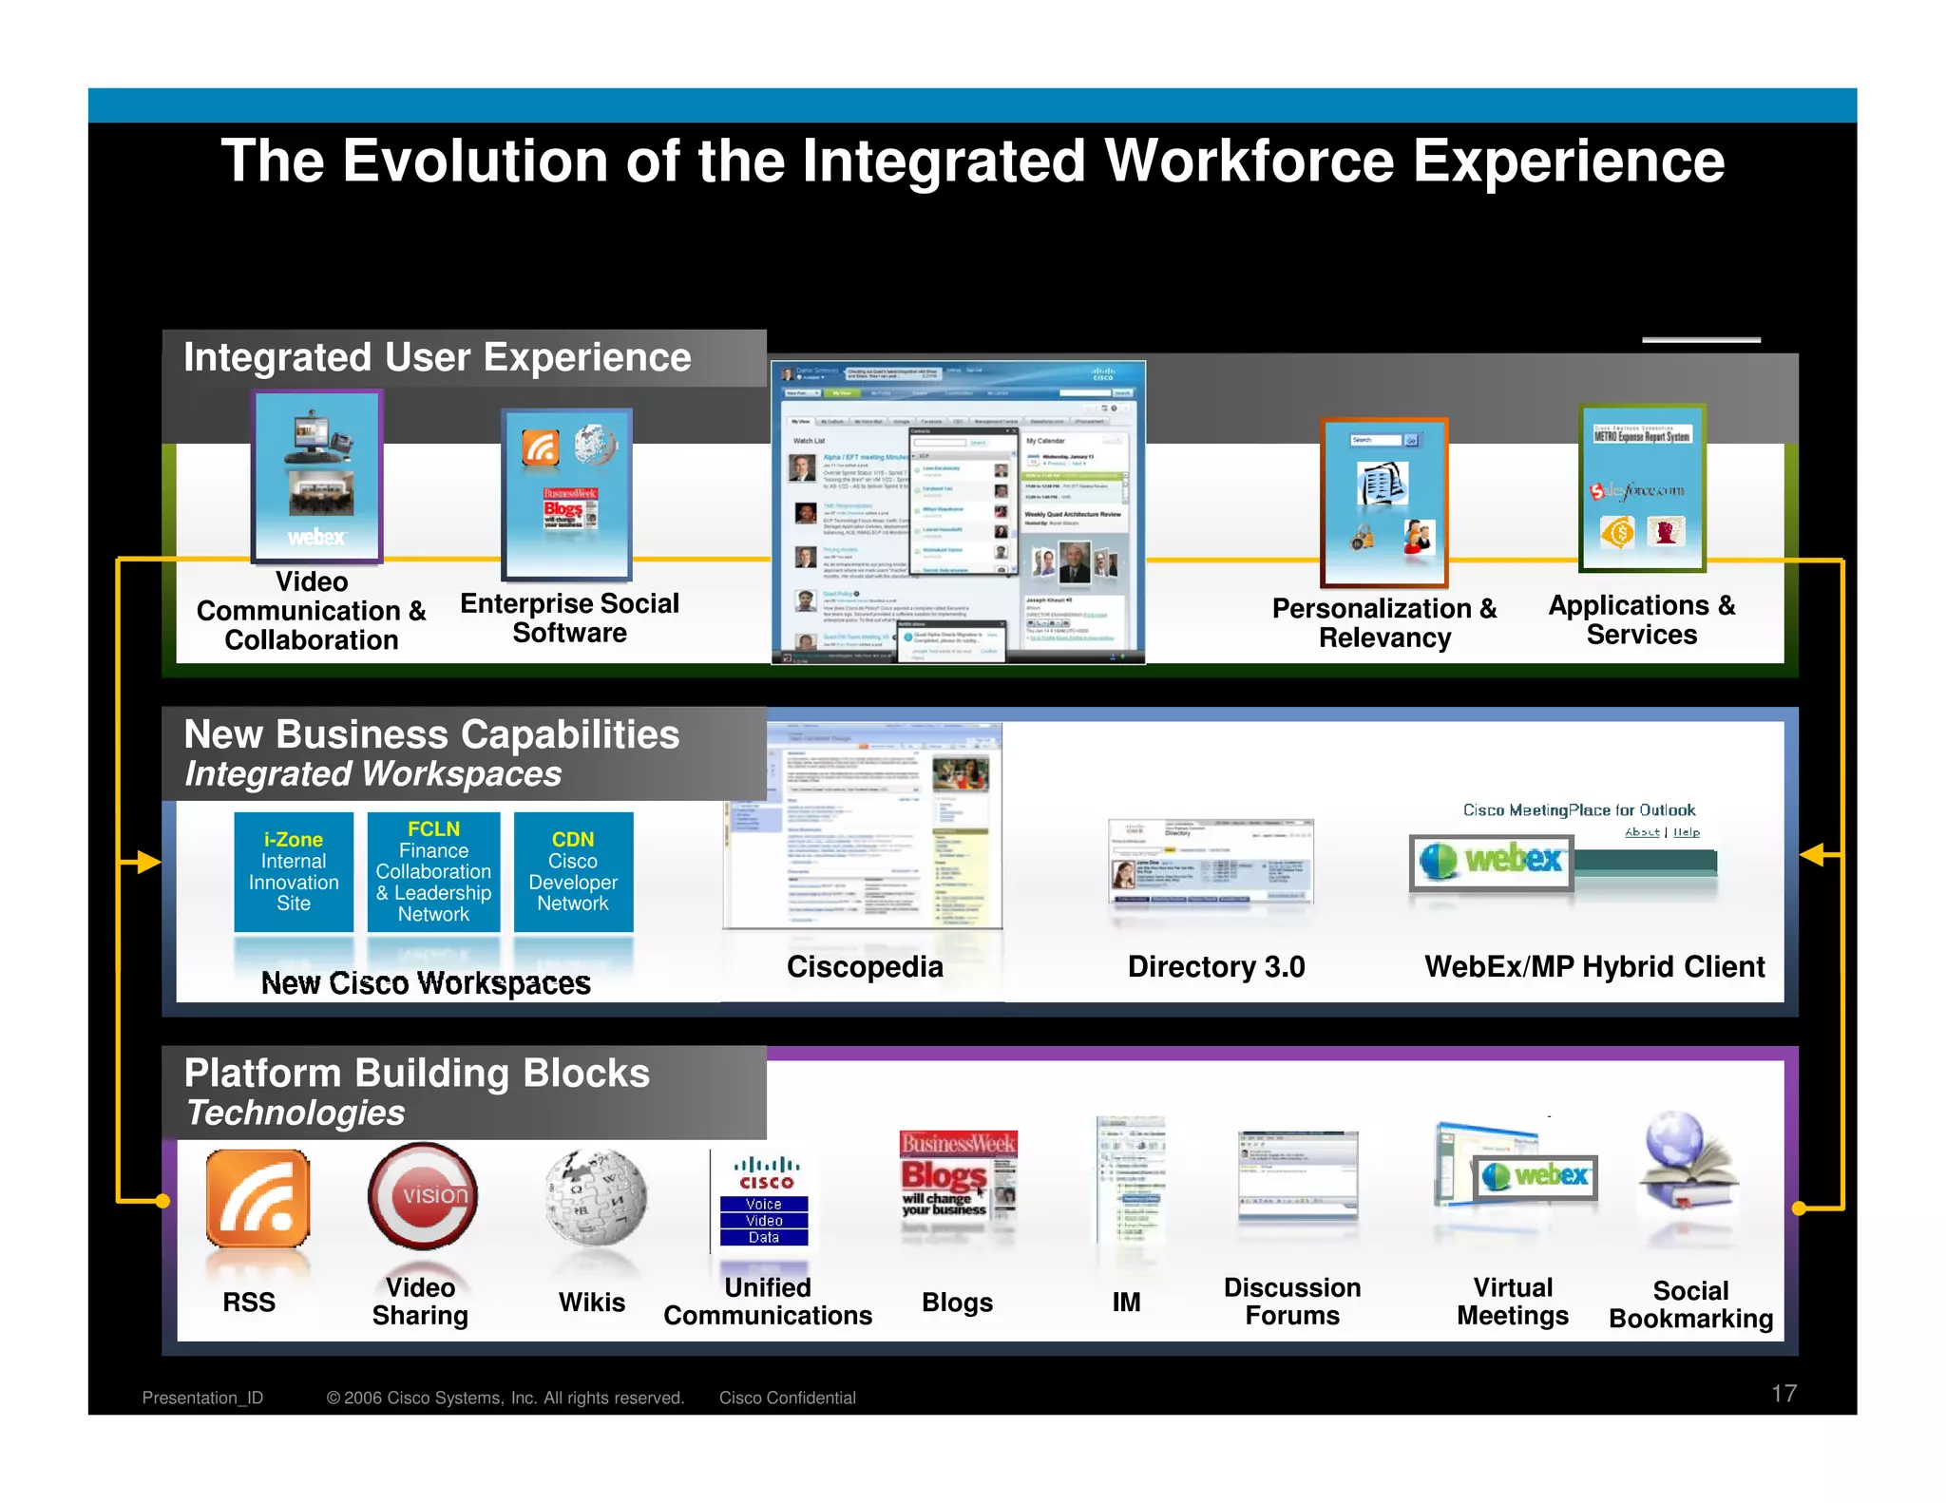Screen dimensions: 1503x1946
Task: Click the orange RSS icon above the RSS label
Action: tap(258, 1198)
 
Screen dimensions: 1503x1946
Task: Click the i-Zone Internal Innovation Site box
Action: tap(294, 871)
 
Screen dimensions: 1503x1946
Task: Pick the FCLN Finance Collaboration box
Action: tap(433, 871)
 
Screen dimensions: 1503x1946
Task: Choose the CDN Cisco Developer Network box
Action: tap(573, 871)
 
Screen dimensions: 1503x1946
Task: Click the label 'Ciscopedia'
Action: tap(865, 966)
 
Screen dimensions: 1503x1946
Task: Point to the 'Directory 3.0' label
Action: tap(1216, 966)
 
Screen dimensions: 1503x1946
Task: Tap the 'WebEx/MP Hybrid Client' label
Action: tap(1594, 966)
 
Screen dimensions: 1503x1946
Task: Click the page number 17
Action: tap(1784, 1394)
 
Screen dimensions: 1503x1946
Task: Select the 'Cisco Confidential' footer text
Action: tap(787, 1398)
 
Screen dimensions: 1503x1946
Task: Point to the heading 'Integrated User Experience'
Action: tap(437, 357)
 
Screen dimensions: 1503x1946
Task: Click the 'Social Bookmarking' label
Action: tap(1690, 1304)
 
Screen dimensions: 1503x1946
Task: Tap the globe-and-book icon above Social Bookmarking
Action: tap(1685, 1168)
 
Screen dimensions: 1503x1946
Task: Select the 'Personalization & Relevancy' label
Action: tap(1384, 622)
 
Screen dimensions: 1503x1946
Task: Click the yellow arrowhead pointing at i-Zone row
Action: tap(146, 862)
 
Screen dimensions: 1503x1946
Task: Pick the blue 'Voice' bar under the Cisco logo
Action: tap(764, 1204)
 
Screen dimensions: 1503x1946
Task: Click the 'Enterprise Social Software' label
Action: tap(569, 618)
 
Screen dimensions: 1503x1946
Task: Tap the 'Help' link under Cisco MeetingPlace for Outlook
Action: tap(1687, 832)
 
